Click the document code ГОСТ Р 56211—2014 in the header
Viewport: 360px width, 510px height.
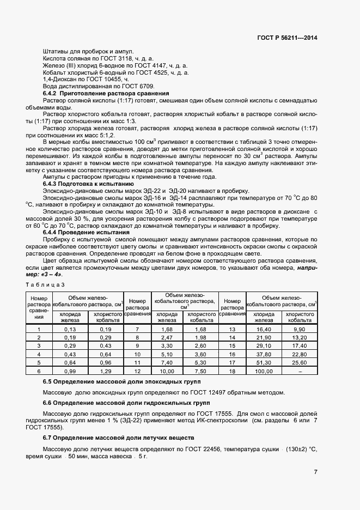tap(286, 38)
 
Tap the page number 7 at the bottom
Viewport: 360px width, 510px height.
tap(315, 472)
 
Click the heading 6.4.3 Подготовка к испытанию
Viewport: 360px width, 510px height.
tap(89, 184)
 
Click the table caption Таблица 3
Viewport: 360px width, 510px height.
tap(45, 284)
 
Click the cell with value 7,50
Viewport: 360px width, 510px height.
tap(200, 371)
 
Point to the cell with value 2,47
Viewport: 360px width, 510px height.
tap(167, 338)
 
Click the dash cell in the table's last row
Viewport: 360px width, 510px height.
tap(300, 371)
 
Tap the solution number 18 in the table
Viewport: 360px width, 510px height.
tap(232, 371)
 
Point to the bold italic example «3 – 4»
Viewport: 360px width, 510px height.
tap(52, 275)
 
